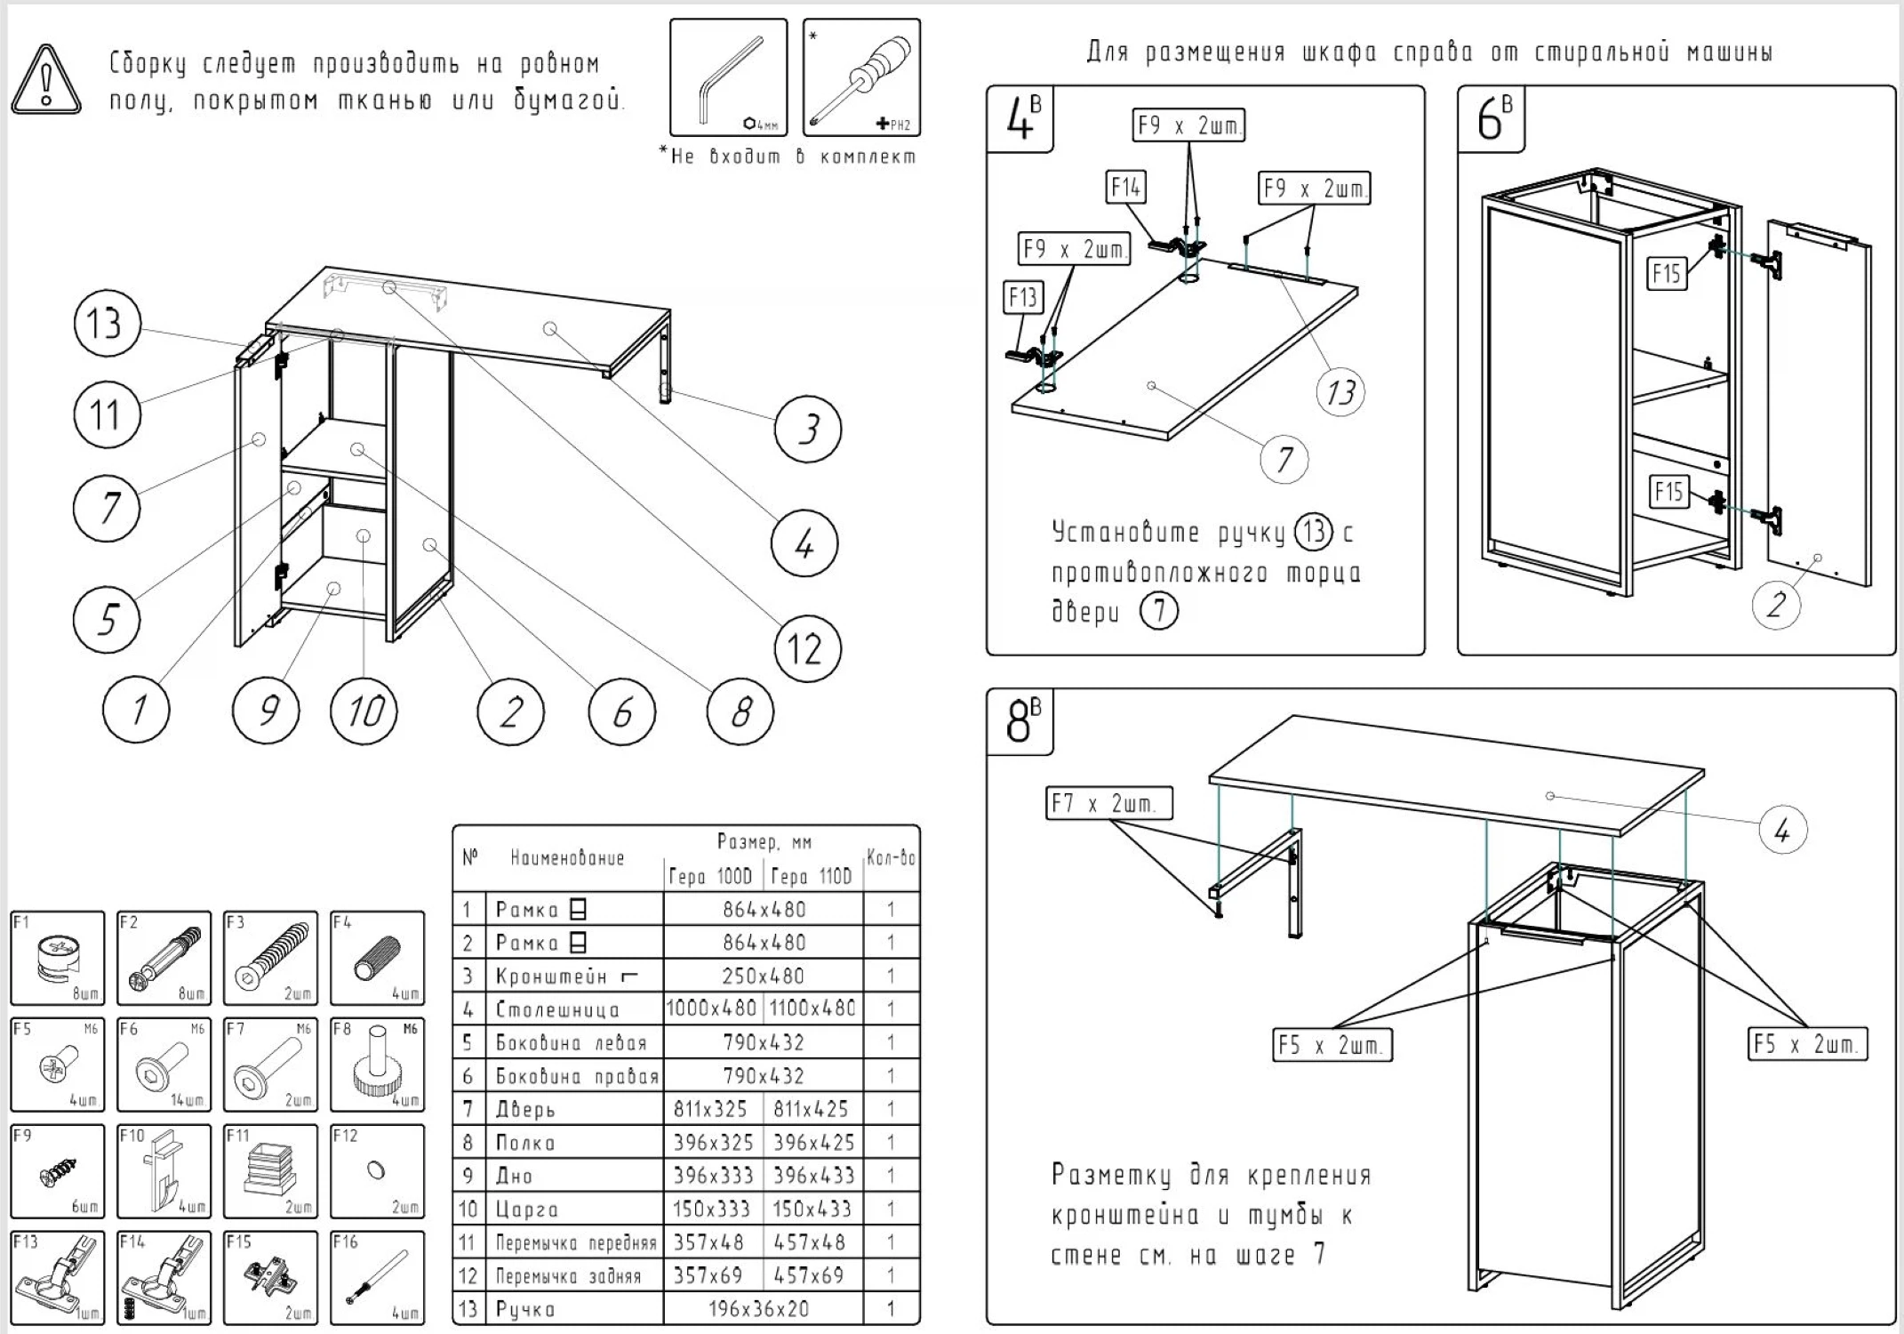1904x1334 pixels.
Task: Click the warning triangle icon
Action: [x=46, y=81]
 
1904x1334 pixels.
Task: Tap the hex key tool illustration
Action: [x=728, y=77]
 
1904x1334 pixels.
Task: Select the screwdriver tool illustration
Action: [x=861, y=77]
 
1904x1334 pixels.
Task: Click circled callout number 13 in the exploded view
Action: [x=107, y=324]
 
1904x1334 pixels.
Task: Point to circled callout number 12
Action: [x=806, y=648]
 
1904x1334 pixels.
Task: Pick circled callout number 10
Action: [x=364, y=711]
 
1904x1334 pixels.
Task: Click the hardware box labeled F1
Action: [x=57, y=958]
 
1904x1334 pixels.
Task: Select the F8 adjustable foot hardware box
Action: [x=377, y=1065]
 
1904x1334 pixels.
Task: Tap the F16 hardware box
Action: [x=377, y=1277]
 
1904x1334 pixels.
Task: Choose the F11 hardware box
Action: [x=270, y=1171]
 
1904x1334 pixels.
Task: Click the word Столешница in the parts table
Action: [x=557, y=1009]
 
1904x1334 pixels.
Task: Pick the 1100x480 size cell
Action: [x=812, y=1009]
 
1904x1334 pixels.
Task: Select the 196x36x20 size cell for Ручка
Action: [x=763, y=1309]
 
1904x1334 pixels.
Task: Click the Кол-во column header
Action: [x=891, y=858]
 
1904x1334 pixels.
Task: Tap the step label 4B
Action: [x=1021, y=119]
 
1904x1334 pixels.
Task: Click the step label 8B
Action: [x=1021, y=721]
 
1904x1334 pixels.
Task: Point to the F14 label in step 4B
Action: [x=1125, y=189]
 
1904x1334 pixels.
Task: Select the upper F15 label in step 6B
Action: [x=1667, y=273]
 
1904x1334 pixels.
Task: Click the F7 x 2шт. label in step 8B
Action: [x=1108, y=804]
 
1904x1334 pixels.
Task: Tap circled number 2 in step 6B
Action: [x=1776, y=606]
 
